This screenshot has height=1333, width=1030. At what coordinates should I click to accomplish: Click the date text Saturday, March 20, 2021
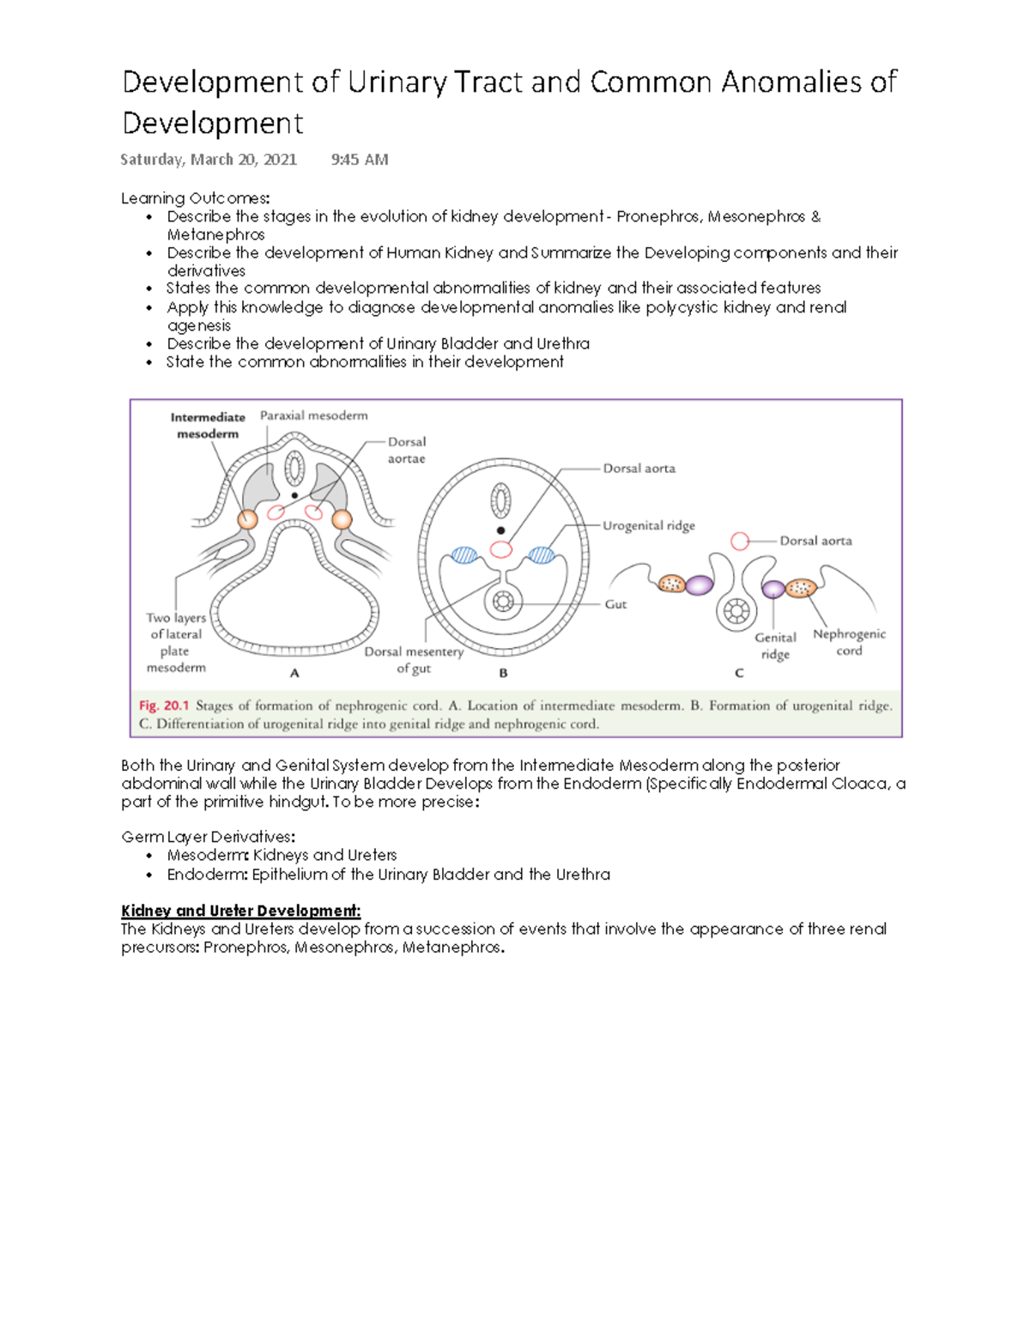click(209, 160)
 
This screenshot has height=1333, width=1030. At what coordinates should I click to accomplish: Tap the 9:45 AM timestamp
click(360, 160)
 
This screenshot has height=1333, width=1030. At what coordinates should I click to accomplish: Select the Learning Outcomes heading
click(195, 198)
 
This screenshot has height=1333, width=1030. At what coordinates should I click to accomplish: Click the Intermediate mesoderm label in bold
click(208, 426)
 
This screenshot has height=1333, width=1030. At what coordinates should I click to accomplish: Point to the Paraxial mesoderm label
click(313, 415)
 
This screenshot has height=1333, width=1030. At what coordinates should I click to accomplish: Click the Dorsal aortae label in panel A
click(406, 450)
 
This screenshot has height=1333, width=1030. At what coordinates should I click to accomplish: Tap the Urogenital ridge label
click(648, 525)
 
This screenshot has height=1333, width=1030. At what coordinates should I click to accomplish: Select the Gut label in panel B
click(615, 604)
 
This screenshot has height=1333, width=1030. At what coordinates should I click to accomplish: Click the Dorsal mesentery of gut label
click(414, 659)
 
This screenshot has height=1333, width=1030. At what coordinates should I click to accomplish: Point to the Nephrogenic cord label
click(849, 642)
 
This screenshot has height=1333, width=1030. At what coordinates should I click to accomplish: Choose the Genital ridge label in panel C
click(775, 645)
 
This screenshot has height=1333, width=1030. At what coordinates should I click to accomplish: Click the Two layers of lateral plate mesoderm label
click(176, 642)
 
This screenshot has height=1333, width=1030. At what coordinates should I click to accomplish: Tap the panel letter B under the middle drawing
click(503, 674)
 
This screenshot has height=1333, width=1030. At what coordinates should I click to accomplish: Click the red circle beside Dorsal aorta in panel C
click(740, 541)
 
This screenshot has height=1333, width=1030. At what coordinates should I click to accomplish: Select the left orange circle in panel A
click(247, 518)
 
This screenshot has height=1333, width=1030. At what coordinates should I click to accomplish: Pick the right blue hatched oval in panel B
click(542, 554)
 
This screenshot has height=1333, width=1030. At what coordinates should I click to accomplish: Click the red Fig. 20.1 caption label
click(163, 706)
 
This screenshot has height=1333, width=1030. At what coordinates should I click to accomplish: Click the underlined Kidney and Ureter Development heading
click(240, 911)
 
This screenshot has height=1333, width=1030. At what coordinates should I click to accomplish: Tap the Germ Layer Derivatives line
click(208, 837)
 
